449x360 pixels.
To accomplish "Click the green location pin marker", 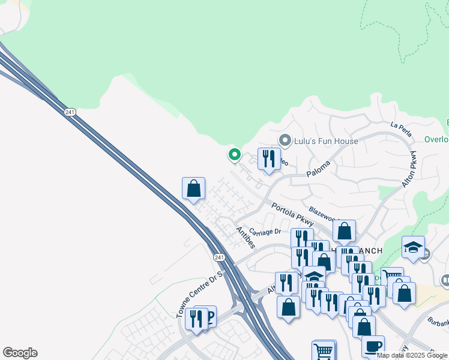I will pos(234,155).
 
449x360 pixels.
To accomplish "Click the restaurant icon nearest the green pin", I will pos(269,159).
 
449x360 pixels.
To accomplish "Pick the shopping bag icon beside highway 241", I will pos(193,188).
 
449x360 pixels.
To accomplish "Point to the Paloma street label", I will pos(319,164).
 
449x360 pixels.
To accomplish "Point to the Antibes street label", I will pos(246,238).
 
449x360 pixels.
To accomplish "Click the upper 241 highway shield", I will pos(71,113).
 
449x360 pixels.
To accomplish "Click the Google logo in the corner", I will pos(20,353).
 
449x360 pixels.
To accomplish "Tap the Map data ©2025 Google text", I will pos(412,355).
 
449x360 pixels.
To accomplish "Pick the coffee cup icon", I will pos(373,346).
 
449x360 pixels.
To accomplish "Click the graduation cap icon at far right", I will pos(413,247).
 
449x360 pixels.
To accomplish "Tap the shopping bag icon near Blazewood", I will pos(344,230).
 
